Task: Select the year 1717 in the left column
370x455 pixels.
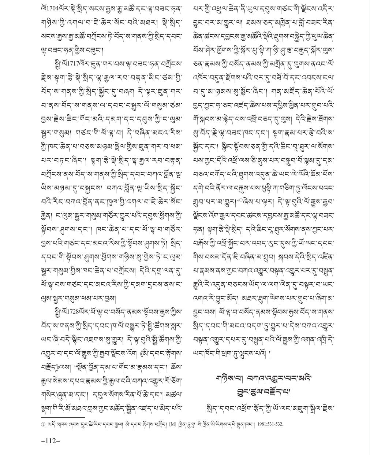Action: pos(69,63)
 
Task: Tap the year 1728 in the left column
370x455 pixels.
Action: pos(69,312)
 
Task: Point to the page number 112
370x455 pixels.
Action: pos(51,441)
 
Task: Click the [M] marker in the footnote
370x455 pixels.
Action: pos(172,424)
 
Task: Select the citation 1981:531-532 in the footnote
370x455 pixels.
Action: pos(270,424)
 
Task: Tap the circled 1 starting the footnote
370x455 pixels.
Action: pos(43,424)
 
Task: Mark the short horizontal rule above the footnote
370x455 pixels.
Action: pos(63,417)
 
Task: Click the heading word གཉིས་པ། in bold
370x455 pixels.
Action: pos(228,378)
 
